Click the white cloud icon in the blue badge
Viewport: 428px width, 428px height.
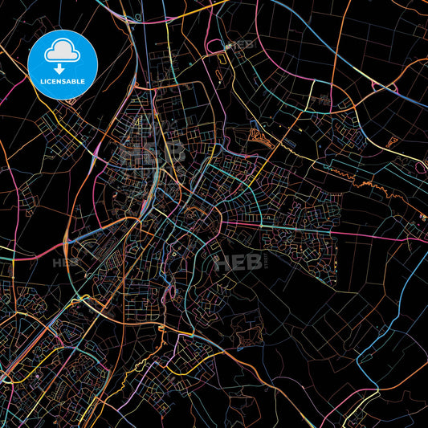[x=62, y=49]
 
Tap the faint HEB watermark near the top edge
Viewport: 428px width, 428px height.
[x=241, y=45]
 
